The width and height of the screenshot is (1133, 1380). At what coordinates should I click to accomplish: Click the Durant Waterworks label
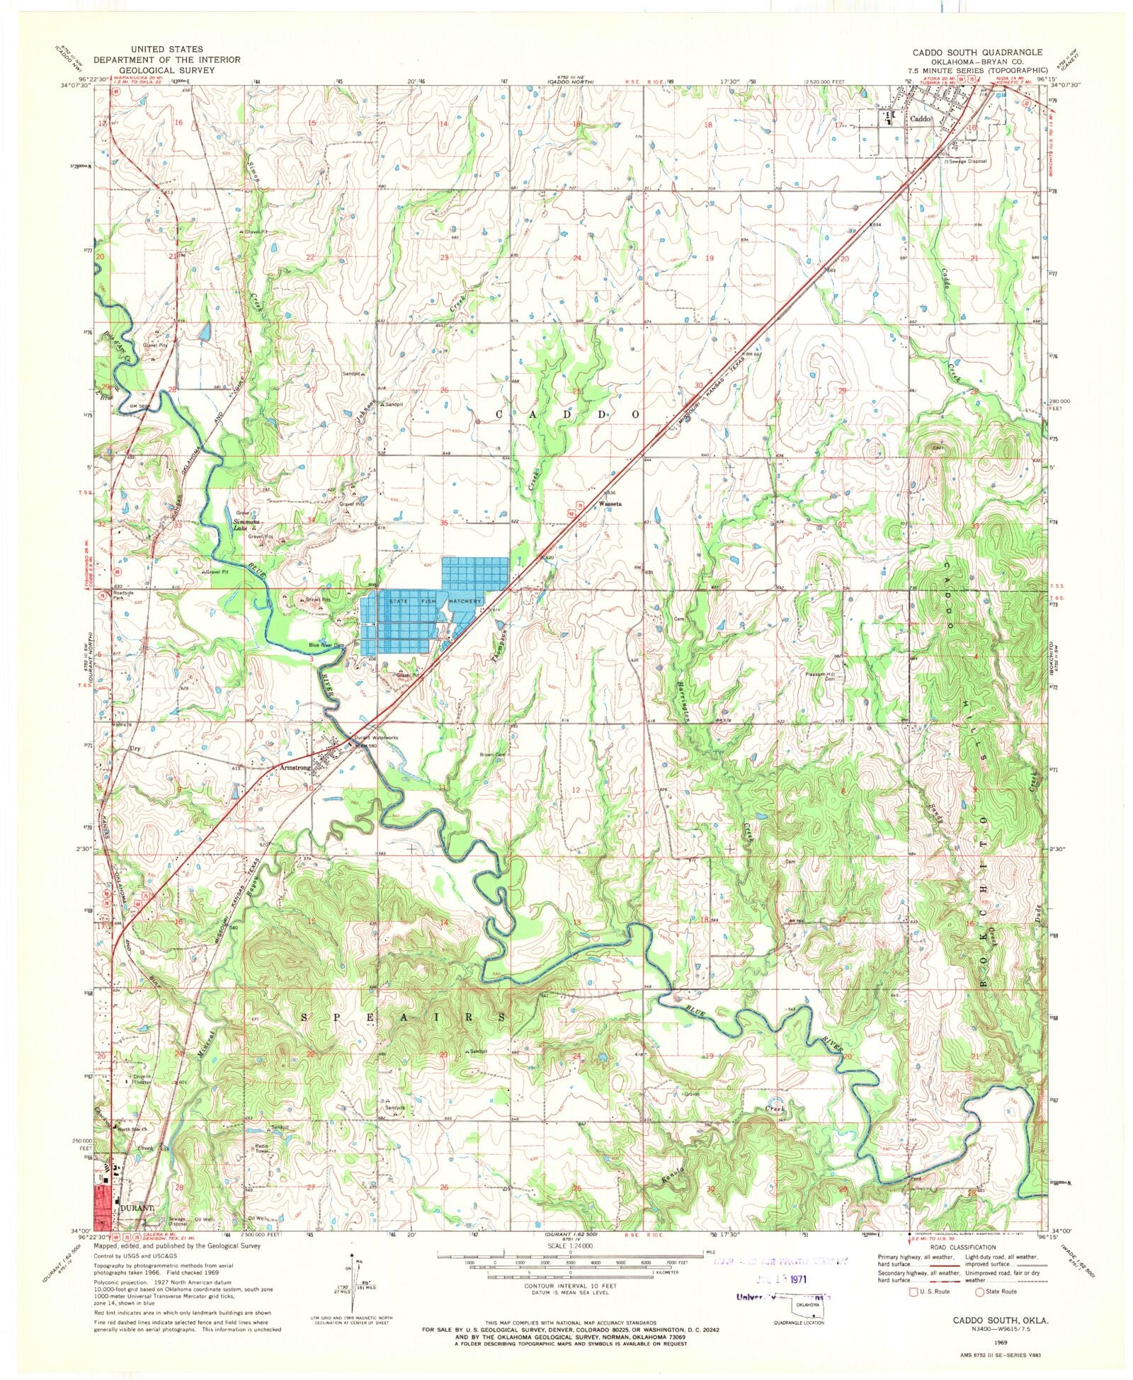pos(376,738)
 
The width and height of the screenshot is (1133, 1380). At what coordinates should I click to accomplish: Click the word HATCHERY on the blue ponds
pos(464,601)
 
